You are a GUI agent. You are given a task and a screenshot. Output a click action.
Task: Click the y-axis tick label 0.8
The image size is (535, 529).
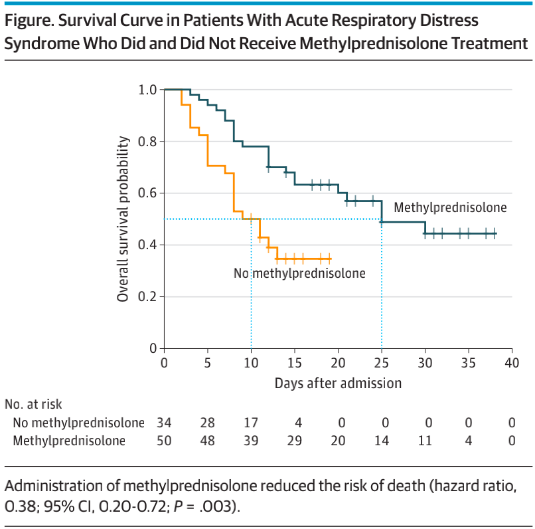147,142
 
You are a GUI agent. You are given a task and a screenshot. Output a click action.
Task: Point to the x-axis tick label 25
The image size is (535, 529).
382,364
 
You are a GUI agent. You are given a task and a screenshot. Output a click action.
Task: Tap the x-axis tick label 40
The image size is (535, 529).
512,364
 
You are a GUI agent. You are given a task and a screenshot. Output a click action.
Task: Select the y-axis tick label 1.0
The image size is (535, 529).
147,90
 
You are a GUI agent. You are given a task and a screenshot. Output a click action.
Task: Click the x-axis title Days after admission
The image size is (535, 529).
338,383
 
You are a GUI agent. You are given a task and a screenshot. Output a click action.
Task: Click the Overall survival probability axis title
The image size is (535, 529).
123,219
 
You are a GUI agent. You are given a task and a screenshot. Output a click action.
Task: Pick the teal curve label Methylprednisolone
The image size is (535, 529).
450,207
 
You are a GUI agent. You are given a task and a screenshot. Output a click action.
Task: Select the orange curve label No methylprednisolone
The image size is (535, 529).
299,272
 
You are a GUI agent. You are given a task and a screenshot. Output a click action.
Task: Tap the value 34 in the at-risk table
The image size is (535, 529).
164,423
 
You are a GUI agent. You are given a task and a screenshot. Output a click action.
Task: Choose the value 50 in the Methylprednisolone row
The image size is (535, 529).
164,441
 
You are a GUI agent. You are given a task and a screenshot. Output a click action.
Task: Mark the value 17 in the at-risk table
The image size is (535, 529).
251,423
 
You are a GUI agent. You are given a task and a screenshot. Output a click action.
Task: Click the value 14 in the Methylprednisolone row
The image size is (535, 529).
382,441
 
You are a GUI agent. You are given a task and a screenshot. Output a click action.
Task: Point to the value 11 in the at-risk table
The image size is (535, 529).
425,441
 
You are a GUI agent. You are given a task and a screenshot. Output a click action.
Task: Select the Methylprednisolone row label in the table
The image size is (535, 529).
69,441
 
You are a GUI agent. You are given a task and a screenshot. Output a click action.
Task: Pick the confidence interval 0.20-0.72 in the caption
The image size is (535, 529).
125,506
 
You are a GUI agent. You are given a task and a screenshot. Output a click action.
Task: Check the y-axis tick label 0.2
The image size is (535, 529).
147,297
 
